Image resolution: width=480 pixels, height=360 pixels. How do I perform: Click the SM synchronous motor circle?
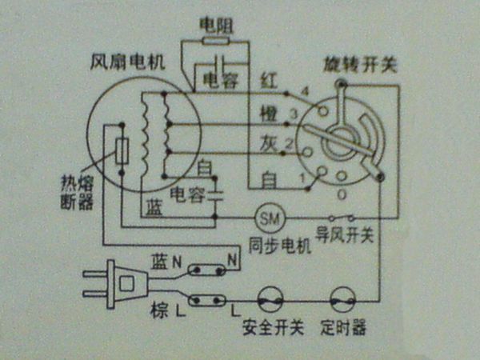point(270,217)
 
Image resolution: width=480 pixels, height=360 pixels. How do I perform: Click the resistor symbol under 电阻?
point(216,39)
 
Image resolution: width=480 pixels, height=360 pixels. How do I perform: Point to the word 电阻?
point(215,23)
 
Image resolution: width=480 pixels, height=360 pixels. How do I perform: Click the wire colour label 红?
point(269,81)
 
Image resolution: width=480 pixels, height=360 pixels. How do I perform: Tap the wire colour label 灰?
point(269,143)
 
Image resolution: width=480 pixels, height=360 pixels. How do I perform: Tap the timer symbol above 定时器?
point(345,302)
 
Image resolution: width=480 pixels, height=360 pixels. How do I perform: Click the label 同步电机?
point(279,246)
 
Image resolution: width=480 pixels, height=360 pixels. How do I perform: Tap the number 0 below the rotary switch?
point(342,194)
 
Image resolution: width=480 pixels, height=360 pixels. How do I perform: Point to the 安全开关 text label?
point(272,329)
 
